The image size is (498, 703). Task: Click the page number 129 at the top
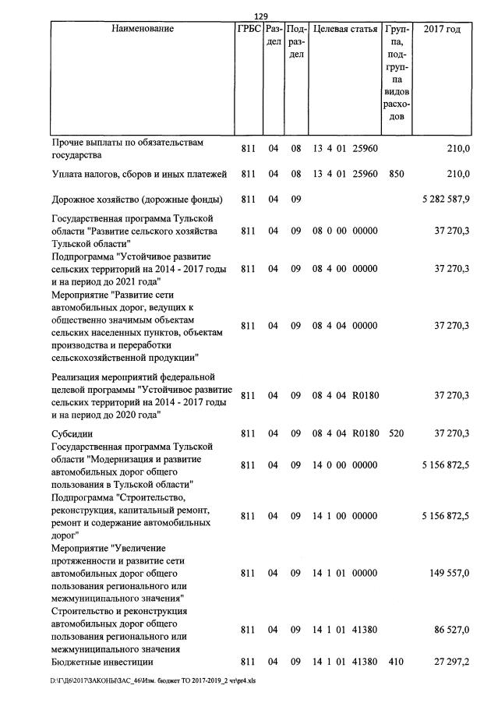point(261,16)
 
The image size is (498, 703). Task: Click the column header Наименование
point(141,30)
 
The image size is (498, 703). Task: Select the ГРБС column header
point(249,30)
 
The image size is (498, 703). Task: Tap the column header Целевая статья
point(344,30)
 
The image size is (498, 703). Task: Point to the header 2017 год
point(442,30)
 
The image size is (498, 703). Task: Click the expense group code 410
point(396,662)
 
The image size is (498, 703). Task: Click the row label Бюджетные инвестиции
point(97,662)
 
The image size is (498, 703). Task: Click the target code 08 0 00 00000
point(344,231)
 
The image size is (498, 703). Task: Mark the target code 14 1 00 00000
point(344,516)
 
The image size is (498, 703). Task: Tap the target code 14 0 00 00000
point(344,465)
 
